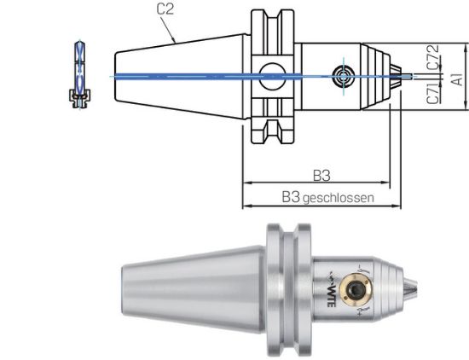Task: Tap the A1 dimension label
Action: coord(457,78)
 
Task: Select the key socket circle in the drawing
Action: coord(344,75)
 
